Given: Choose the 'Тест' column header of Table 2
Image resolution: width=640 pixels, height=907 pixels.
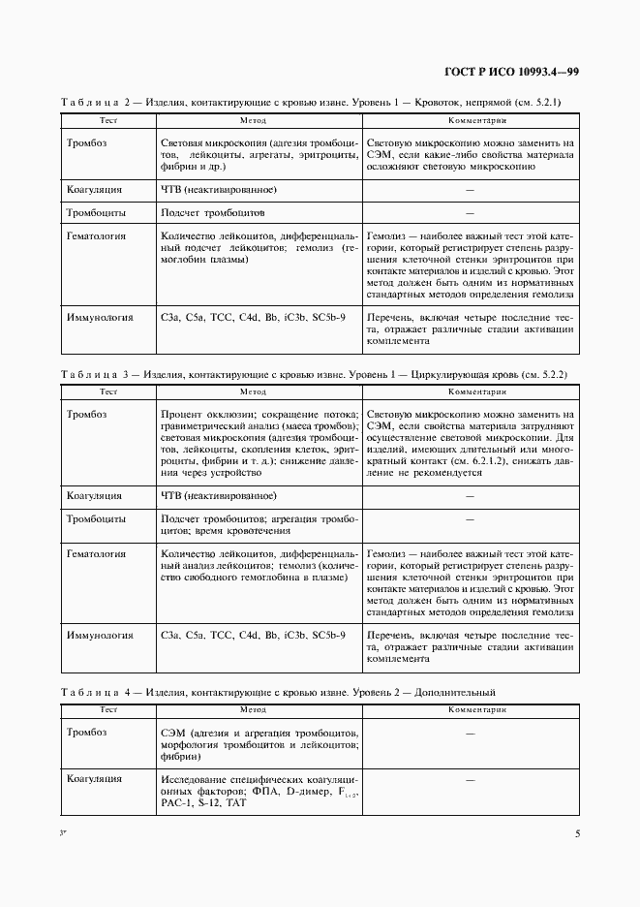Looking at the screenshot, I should (108, 120).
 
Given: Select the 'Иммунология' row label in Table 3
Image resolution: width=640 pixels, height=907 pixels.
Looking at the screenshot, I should (99, 636).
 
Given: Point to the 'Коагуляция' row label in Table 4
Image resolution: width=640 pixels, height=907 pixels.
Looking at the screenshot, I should (93, 779).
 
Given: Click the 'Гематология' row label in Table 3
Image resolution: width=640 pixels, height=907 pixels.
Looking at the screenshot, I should (96, 554).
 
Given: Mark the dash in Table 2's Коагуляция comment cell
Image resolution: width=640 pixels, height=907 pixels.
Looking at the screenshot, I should (470, 190).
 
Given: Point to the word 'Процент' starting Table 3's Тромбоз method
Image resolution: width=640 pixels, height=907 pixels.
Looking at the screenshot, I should (181, 414).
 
